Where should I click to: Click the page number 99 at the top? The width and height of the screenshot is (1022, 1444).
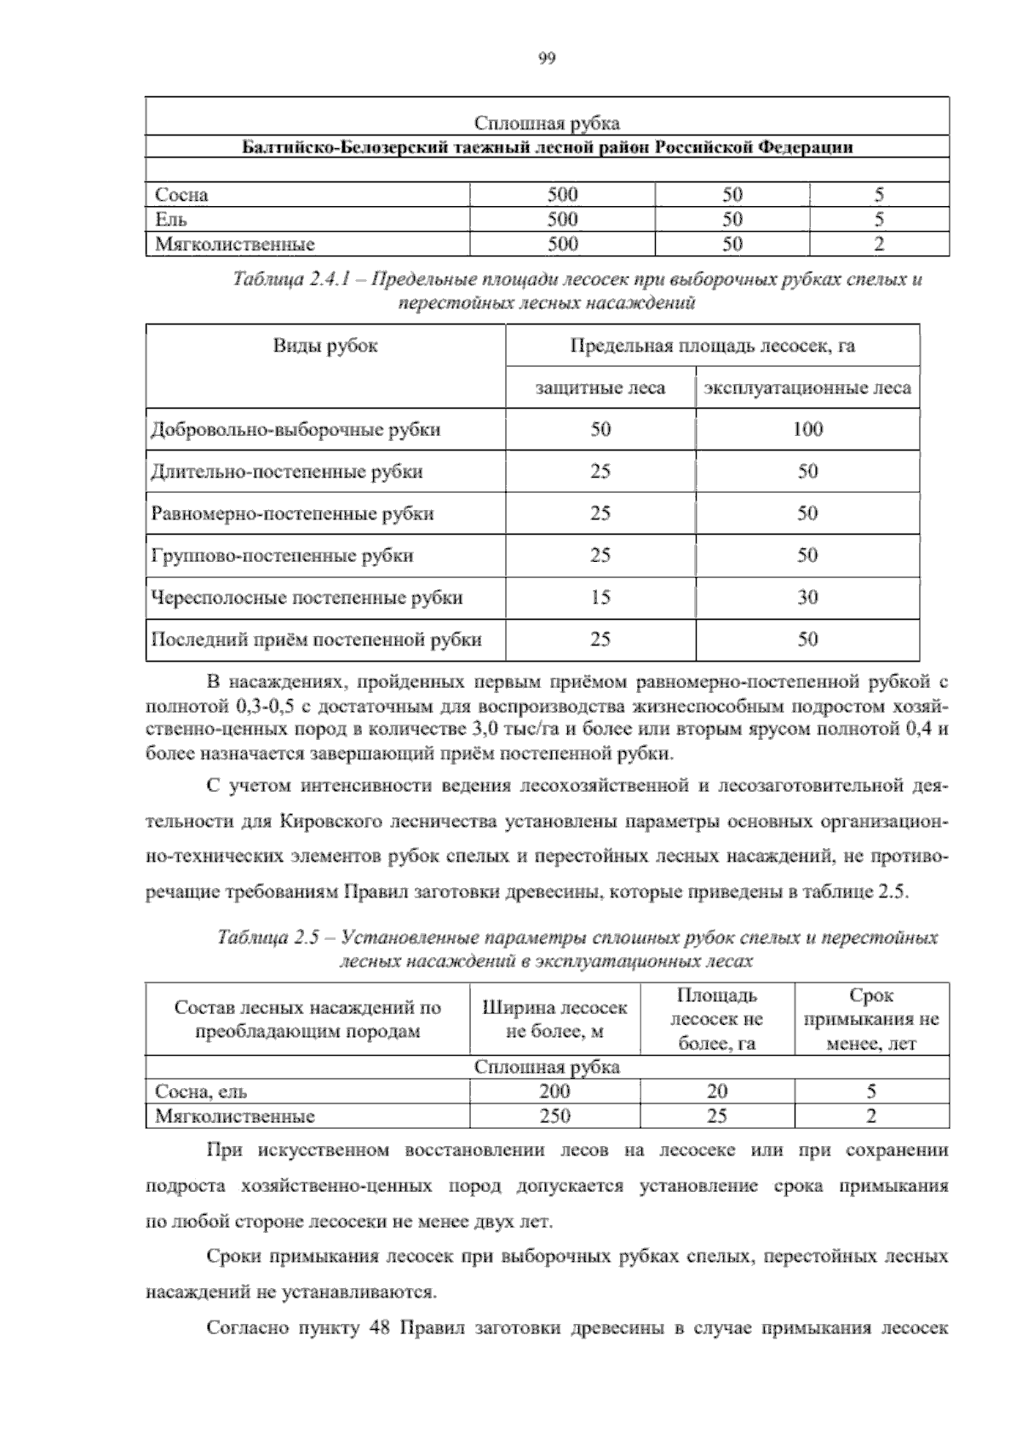pyautogui.click(x=547, y=58)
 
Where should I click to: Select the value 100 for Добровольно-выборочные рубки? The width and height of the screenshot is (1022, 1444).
pyautogui.click(x=807, y=429)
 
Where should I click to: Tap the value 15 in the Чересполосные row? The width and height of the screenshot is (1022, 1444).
pyautogui.click(x=600, y=598)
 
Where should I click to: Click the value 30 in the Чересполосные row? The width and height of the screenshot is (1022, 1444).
pyautogui.click(x=807, y=598)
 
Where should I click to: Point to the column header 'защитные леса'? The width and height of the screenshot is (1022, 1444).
pyautogui.click(x=600, y=388)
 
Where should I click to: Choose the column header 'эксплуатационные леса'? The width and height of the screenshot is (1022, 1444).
pyautogui.click(x=807, y=388)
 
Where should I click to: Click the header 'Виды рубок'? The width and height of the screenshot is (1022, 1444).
pyautogui.click(x=325, y=346)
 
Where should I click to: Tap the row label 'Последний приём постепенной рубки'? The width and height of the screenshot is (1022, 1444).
pyautogui.click(x=316, y=639)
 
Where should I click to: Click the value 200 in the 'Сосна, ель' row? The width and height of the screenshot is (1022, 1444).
pyautogui.click(x=554, y=1091)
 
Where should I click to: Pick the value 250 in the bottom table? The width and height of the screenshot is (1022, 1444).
pyautogui.click(x=554, y=1115)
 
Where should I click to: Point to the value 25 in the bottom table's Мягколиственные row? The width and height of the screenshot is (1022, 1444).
pyautogui.click(x=716, y=1115)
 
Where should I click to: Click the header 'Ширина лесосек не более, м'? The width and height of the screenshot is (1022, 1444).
pyautogui.click(x=554, y=1019)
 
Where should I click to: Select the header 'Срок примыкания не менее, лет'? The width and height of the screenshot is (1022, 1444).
pyautogui.click(x=871, y=1019)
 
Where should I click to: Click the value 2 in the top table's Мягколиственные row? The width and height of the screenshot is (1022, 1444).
pyautogui.click(x=879, y=244)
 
